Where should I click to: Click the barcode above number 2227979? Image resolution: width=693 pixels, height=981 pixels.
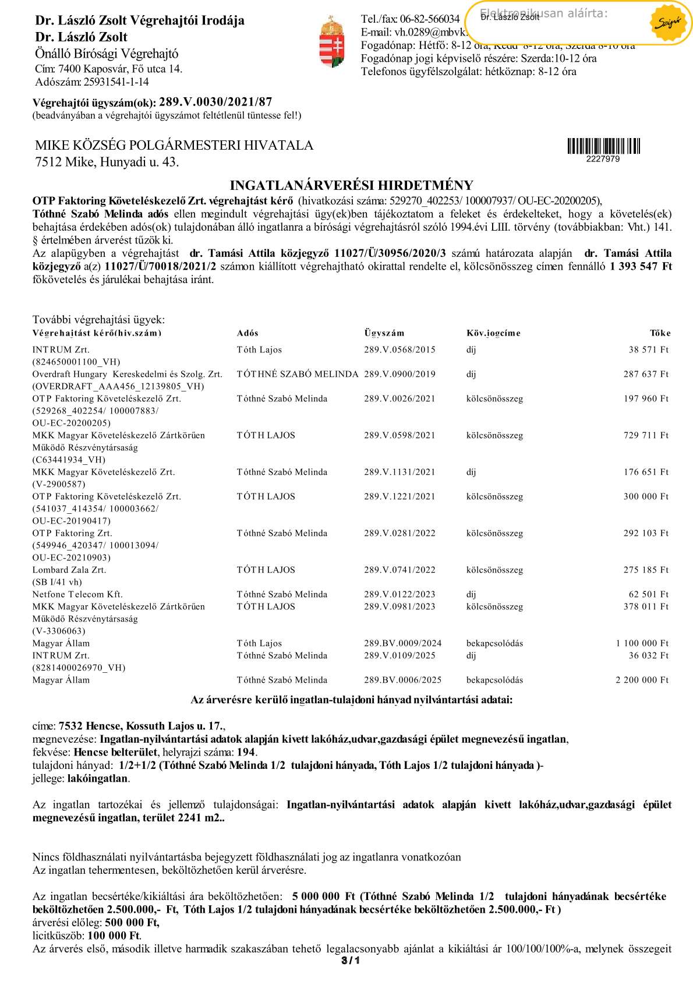click(x=603, y=146)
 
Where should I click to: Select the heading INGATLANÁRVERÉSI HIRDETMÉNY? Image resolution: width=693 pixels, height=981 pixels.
click(x=351, y=185)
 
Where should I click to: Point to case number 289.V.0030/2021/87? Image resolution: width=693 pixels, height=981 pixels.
click(x=215, y=102)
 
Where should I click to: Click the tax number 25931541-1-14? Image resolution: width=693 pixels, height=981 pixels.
click(x=116, y=82)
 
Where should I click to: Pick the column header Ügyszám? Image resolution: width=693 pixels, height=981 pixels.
click(x=384, y=333)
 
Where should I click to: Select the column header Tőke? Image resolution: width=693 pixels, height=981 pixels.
click(x=660, y=333)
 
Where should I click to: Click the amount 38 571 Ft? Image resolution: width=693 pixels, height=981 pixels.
click(x=648, y=350)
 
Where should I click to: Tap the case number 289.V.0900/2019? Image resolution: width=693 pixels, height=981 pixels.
click(x=399, y=374)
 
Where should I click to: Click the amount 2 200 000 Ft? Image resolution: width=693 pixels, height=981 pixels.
click(x=642, y=680)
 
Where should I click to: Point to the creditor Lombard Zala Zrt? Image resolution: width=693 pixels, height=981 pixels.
click(x=69, y=570)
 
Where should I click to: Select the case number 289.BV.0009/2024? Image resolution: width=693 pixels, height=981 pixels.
click(x=402, y=643)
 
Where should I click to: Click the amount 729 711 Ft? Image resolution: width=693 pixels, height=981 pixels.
click(x=646, y=435)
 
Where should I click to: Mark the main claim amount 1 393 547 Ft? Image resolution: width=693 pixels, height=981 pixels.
click(x=640, y=266)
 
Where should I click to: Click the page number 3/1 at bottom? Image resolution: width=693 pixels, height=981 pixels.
click(x=351, y=960)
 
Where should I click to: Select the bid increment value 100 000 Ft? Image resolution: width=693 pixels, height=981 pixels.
click(x=114, y=936)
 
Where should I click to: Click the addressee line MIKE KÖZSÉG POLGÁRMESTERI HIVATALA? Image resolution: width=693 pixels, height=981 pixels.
click(x=174, y=145)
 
